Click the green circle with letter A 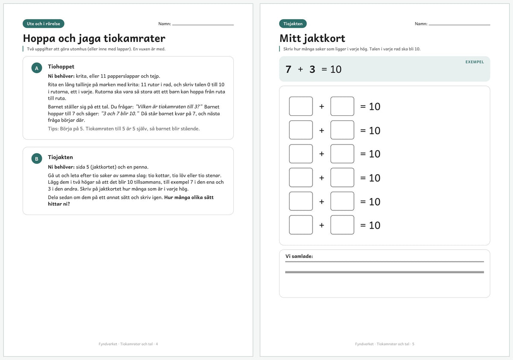[x=37, y=68]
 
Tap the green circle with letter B [x=37, y=159]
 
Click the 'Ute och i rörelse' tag [x=44, y=24]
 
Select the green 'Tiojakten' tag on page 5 [x=293, y=24]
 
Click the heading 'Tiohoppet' [x=61, y=67]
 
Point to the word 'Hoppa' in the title [x=39, y=38]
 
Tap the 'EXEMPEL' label [x=475, y=62]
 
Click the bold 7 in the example [x=288, y=69]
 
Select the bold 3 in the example [x=312, y=69]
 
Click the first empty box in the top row [x=301, y=106]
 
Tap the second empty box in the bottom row [x=342, y=225]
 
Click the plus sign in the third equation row [x=321, y=153]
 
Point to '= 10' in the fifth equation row [x=370, y=201]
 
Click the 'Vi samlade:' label [x=299, y=256]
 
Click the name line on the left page [x=203, y=25]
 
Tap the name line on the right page [x=460, y=25]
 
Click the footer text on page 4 [x=128, y=344]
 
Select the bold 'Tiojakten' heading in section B [x=60, y=157]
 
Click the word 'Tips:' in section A [x=53, y=129]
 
